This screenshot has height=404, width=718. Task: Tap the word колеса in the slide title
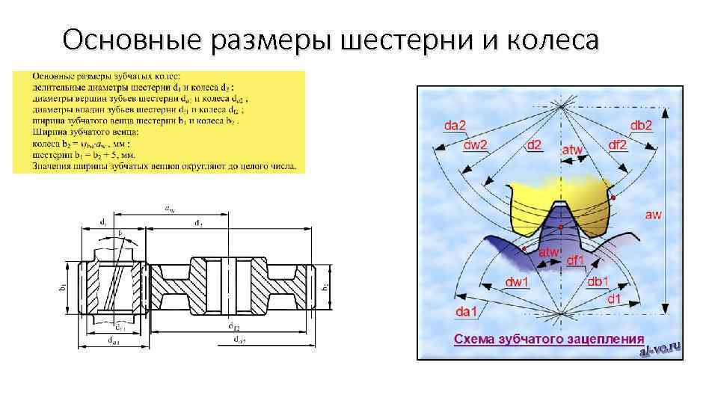[550, 40]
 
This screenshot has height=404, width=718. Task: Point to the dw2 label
[475, 144]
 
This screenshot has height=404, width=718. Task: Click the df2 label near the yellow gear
[618, 144]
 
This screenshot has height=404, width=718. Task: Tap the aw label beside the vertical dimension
[653, 215]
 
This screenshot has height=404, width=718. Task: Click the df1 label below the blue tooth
[576, 260]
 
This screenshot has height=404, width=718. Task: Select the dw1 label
[517, 282]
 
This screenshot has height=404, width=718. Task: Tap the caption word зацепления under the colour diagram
[607, 338]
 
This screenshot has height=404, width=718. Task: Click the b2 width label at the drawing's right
[325, 286]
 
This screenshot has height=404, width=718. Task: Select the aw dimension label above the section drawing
[171, 209]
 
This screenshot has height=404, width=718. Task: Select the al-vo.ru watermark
[664, 348]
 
